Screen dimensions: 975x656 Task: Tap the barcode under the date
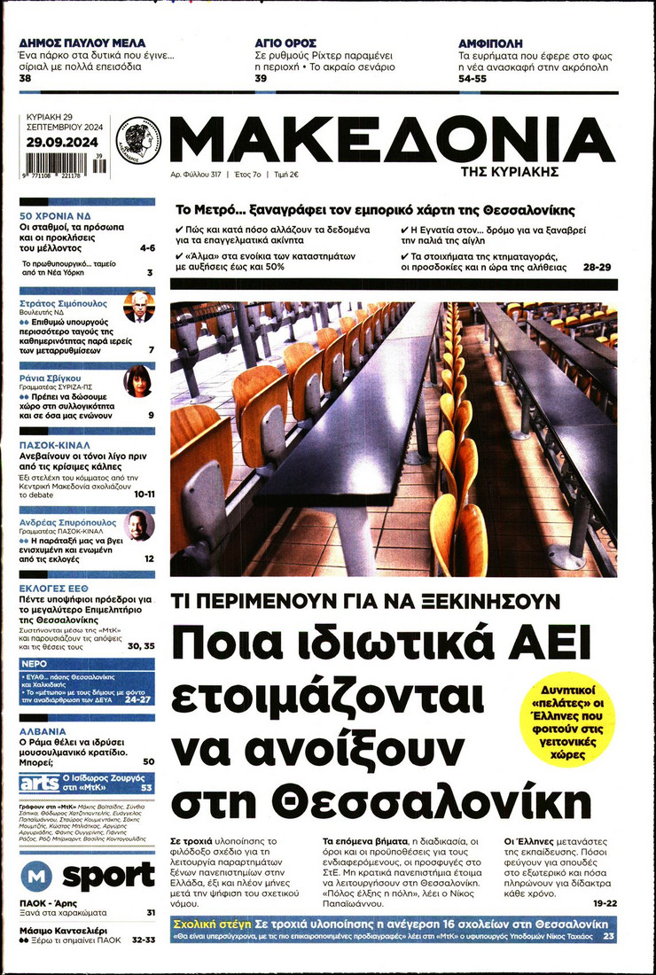pos(62,164)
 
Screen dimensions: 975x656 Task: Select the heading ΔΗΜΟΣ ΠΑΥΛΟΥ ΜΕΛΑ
pos(82,43)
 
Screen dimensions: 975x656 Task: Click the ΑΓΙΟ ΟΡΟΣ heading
pos(283,43)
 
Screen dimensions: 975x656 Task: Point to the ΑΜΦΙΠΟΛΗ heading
pos(490,43)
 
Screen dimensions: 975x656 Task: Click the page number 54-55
pos(472,79)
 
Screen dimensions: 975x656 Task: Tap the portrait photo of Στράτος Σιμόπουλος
pos(139,307)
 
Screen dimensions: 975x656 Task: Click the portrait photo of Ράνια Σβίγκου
pos(138,381)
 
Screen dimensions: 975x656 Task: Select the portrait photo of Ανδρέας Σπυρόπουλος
pos(139,526)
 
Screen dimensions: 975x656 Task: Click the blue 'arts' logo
pos(39,784)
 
